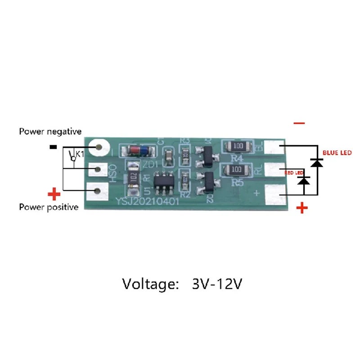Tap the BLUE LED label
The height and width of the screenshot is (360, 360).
coord(337,153)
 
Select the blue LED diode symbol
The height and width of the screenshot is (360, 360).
coord(317,162)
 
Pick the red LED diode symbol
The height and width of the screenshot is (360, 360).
coord(304,180)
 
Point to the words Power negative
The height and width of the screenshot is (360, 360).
coord(50,131)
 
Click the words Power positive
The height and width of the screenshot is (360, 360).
coord(49,207)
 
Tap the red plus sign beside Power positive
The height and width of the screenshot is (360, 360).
coord(54,194)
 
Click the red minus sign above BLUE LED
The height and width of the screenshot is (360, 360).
coord(299,123)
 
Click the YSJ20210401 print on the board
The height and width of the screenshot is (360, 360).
coord(148,202)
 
